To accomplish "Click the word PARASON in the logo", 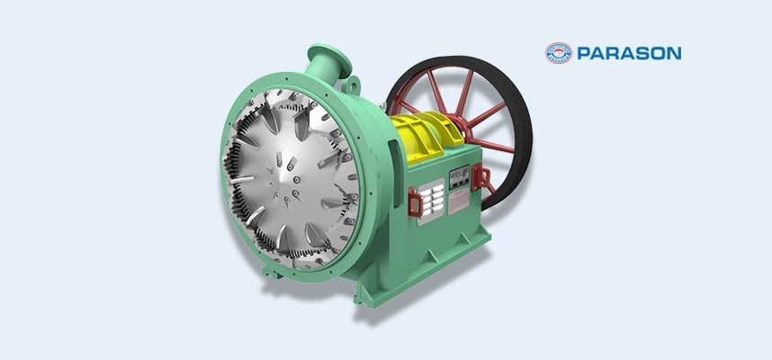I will point(629,53).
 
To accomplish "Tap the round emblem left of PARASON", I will point(558,53).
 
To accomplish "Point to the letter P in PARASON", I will point(583,53).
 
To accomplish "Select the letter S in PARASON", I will point(639,53).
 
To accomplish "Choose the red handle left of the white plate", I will point(415,202).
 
